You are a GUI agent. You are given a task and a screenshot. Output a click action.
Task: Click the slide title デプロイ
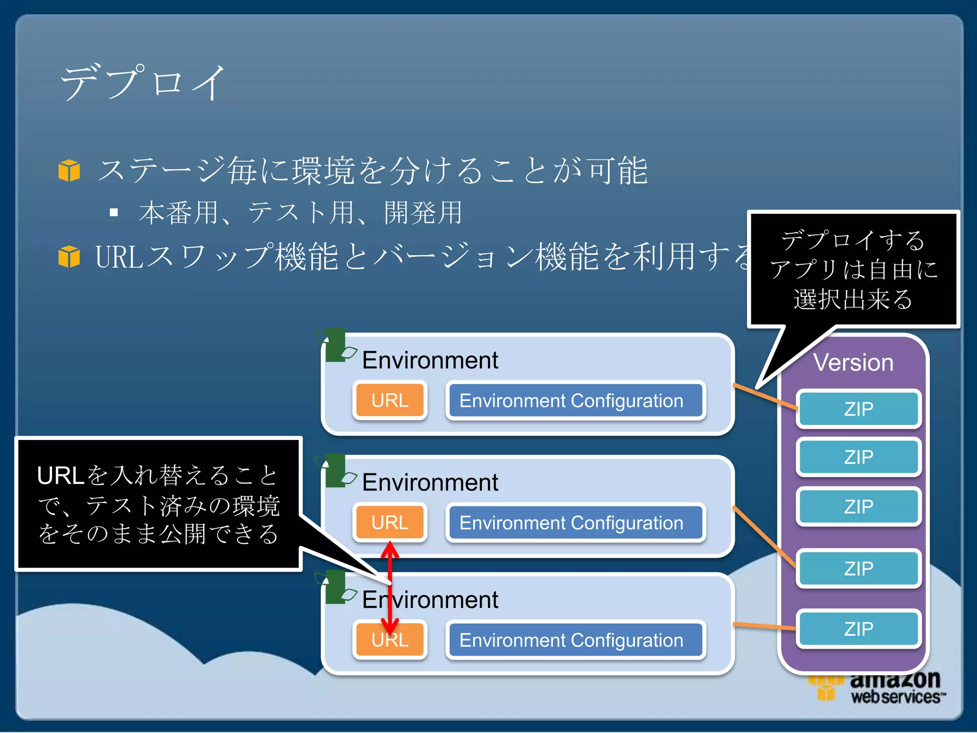(142, 82)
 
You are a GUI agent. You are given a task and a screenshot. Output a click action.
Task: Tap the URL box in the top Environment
(390, 400)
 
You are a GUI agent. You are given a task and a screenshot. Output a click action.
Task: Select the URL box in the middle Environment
(390, 522)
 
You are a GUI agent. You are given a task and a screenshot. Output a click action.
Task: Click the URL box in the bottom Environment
(390, 640)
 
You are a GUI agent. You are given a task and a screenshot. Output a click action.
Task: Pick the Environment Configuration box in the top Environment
(575, 400)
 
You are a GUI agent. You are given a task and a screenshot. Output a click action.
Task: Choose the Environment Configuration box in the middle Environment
(575, 523)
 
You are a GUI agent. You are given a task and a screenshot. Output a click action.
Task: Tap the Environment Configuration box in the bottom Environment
(575, 640)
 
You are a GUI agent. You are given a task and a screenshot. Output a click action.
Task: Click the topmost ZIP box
(858, 409)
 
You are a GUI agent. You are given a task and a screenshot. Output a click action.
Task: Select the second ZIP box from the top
(858, 457)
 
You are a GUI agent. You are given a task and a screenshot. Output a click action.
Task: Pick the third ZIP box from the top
(858, 506)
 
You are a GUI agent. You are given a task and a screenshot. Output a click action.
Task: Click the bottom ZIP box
(858, 628)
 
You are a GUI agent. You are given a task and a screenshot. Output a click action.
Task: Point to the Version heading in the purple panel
(853, 363)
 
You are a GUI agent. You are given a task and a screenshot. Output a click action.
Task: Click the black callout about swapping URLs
(158, 504)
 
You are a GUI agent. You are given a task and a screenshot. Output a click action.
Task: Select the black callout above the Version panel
(853, 270)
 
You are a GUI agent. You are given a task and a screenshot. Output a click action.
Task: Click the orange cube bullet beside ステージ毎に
(69, 170)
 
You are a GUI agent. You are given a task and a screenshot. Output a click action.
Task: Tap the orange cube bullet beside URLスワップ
(69, 256)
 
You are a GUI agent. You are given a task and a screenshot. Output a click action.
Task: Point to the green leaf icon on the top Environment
(336, 345)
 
